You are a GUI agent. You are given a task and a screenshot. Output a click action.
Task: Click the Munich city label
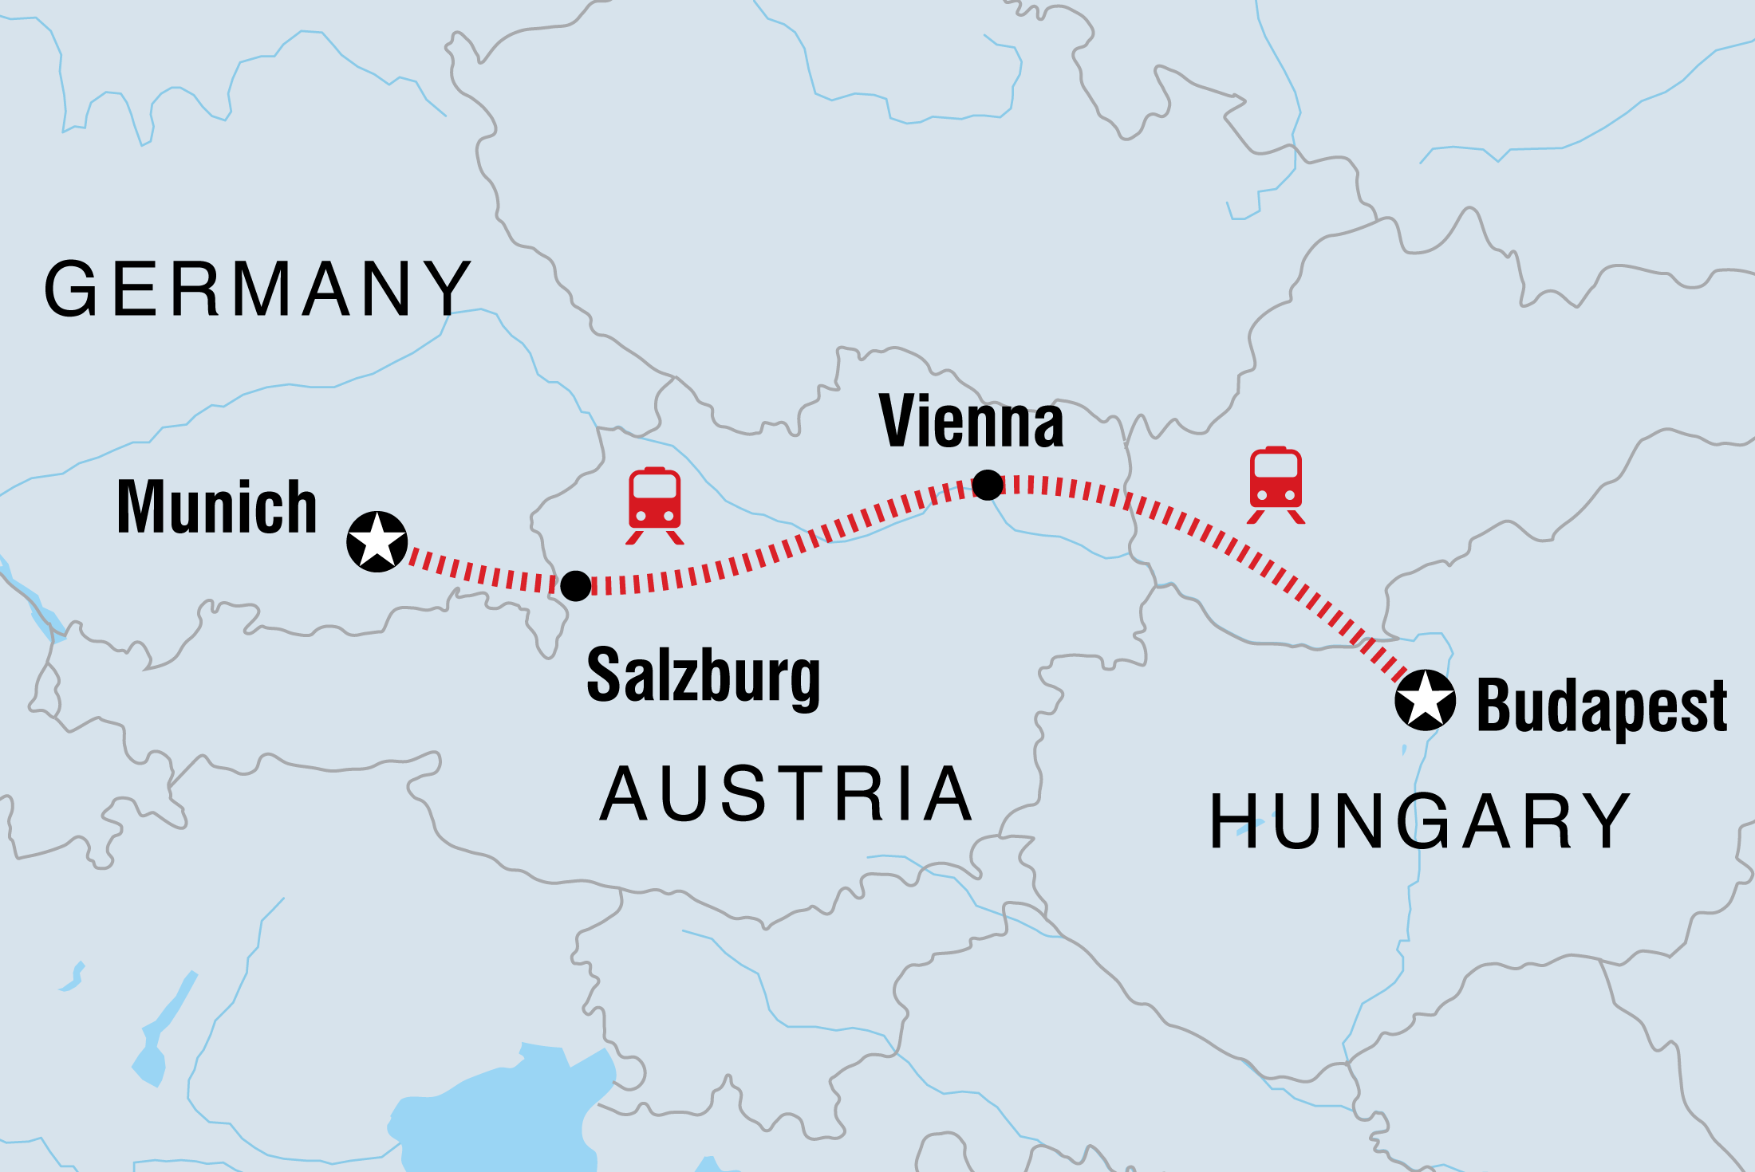click(x=217, y=507)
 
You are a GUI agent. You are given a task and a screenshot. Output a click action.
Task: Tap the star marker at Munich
click(x=377, y=541)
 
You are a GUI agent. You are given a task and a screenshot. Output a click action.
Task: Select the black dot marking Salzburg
click(x=575, y=585)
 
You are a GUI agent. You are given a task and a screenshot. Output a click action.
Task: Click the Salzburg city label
click(x=704, y=677)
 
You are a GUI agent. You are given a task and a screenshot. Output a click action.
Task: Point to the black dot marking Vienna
click(x=988, y=485)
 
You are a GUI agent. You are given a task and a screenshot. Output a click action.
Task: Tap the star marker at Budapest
click(x=1425, y=700)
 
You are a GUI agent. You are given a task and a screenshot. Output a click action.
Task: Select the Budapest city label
click(x=1602, y=706)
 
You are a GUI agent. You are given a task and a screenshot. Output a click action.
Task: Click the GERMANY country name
click(x=257, y=289)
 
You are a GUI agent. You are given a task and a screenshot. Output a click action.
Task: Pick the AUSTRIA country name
click(x=787, y=794)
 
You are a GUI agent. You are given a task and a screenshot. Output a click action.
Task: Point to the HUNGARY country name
click(x=1420, y=821)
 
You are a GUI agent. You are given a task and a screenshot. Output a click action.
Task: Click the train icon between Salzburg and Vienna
click(x=655, y=504)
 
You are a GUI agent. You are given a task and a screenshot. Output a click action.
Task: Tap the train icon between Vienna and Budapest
click(x=1276, y=484)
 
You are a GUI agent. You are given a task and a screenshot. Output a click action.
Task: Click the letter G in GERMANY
click(x=72, y=289)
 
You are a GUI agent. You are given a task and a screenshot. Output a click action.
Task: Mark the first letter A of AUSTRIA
click(x=625, y=794)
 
